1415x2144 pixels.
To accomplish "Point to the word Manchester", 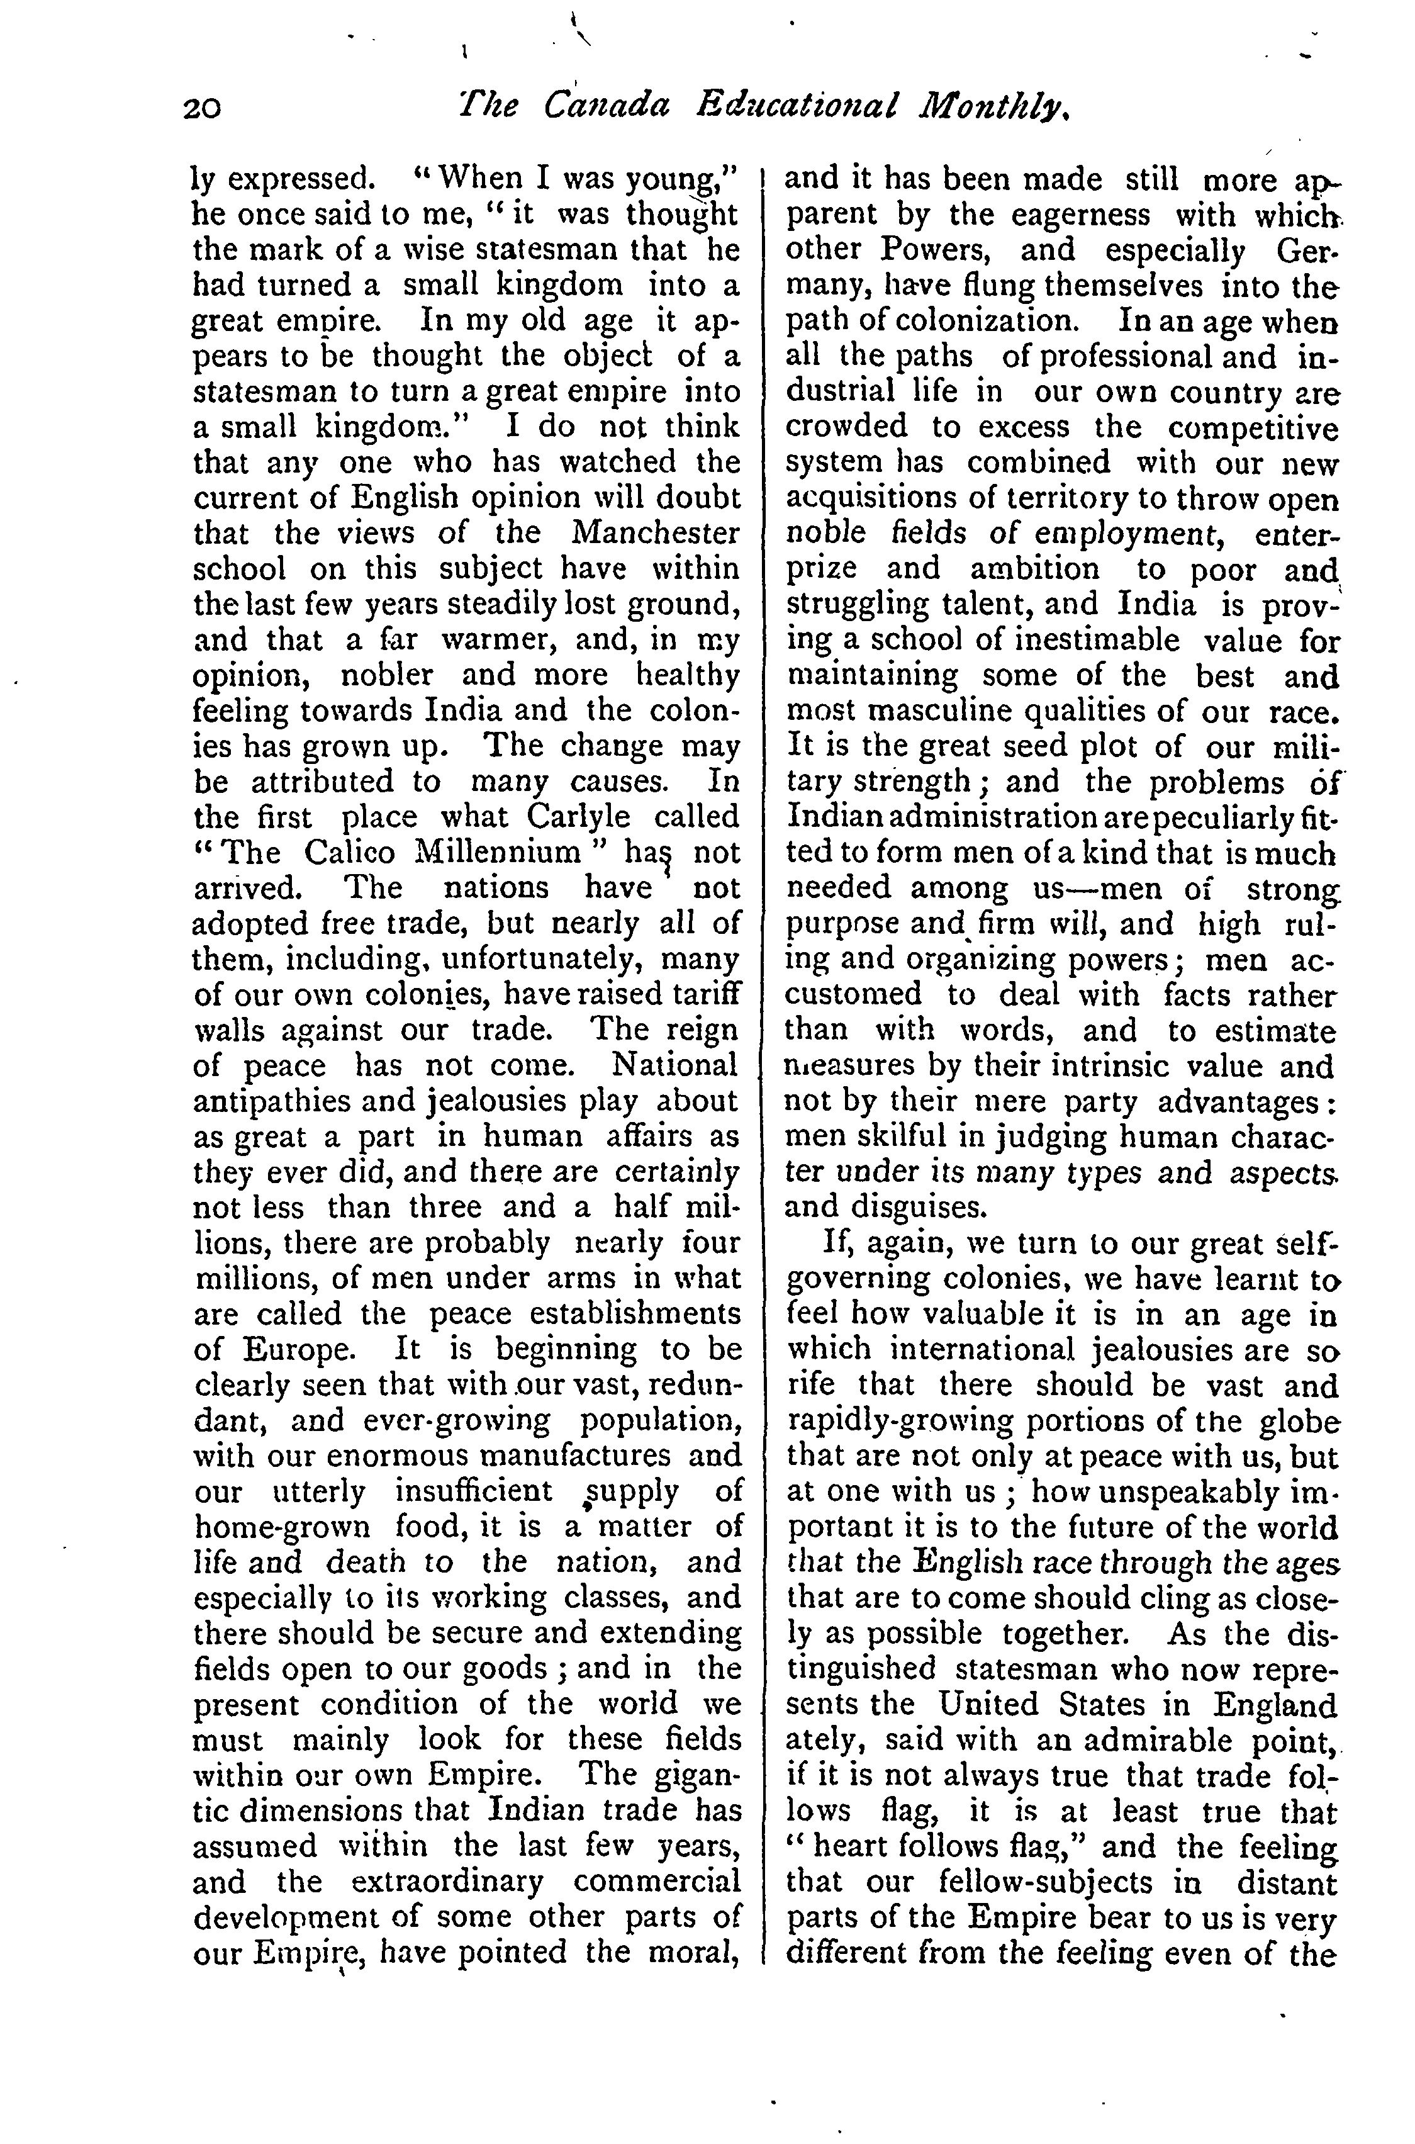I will pyautogui.click(x=656, y=532).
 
